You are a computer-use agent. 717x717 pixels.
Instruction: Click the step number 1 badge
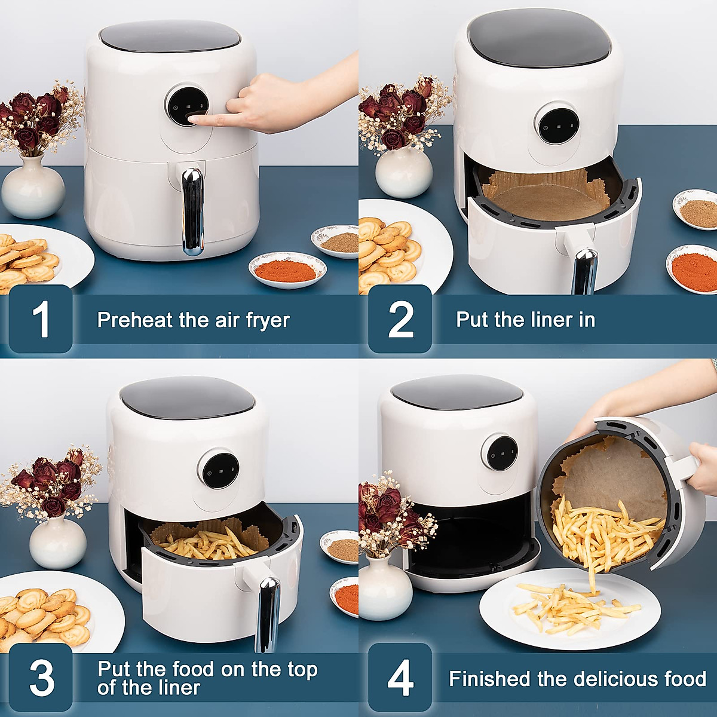tap(40, 319)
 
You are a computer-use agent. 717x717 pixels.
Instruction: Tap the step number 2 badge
tap(400, 319)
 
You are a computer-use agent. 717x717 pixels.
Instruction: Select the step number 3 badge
tap(40, 678)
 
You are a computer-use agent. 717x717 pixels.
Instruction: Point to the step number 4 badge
tap(400, 678)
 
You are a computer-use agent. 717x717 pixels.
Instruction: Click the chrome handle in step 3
tap(267, 612)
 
